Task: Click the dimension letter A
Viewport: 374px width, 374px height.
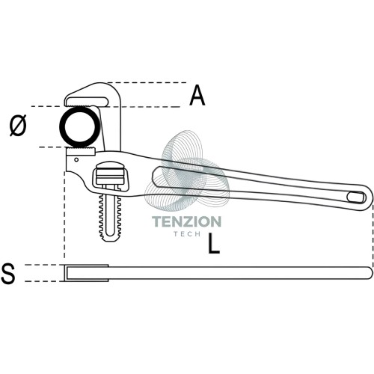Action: [x=197, y=95]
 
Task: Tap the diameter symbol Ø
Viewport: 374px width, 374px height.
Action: [x=18, y=126]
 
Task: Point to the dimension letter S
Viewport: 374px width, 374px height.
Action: [x=8, y=274]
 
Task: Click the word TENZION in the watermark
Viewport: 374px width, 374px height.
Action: [x=187, y=221]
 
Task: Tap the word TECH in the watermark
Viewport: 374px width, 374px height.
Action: [x=187, y=234]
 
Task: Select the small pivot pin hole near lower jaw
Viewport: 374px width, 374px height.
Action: [x=76, y=159]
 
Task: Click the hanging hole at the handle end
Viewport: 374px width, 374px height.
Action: [x=356, y=197]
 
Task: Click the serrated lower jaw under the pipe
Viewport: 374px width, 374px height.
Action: [x=81, y=152]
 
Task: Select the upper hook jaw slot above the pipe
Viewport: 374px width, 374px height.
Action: [x=87, y=102]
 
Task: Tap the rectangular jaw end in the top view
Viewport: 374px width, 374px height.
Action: [x=87, y=273]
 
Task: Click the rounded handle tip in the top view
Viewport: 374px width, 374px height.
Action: [x=370, y=273]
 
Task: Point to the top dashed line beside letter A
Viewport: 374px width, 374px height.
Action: [x=147, y=82]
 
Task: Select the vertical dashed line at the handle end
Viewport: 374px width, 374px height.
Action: [x=373, y=236]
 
